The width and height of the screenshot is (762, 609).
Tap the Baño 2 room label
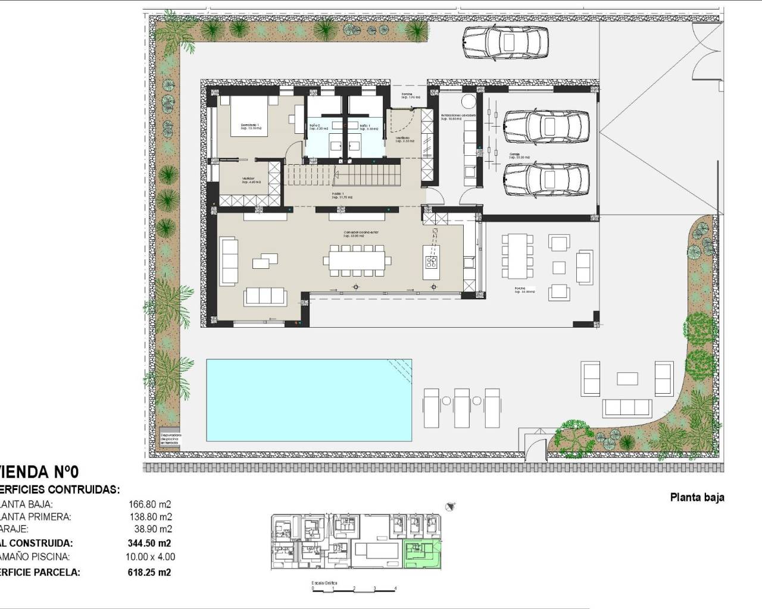[316, 126]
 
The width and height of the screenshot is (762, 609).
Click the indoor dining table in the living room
[357, 260]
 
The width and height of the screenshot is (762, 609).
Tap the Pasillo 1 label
[342, 196]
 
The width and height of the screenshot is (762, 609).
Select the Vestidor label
[249, 180]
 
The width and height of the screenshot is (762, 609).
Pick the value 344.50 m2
[149, 543]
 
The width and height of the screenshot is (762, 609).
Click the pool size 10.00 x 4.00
[152, 557]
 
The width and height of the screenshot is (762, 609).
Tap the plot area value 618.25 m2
[149, 572]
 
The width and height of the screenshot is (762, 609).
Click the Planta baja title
[697, 498]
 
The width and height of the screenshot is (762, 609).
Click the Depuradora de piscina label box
[170, 439]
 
